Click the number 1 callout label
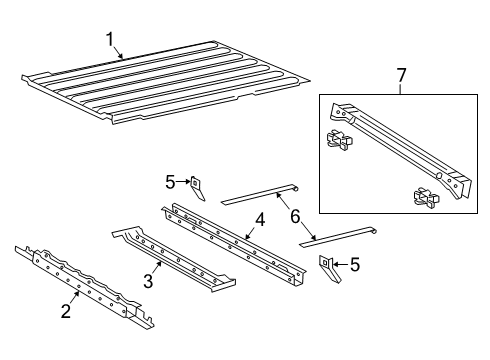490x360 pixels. (x=109, y=39)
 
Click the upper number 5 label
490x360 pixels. (x=170, y=181)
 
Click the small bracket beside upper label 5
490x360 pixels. (x=197, y=187)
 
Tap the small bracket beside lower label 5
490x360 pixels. (x=327, y=267)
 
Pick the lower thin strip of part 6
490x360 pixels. (x=340, y=235)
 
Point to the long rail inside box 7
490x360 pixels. (x=400, y=145)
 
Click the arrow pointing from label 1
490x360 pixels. (x=119, y=52)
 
